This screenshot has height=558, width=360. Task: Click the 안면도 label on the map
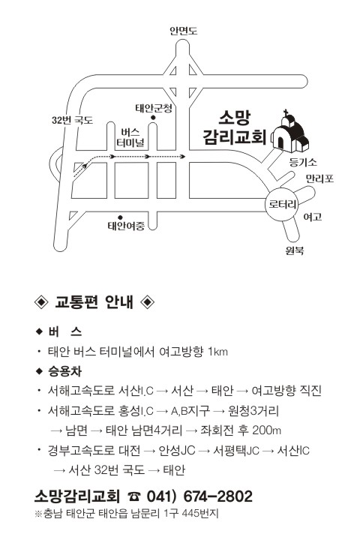pos(183,31)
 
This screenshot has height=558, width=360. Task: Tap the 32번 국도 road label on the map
pos(72,120)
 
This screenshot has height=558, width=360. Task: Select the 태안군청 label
pos(154,108)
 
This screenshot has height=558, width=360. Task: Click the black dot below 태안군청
pos(153,118)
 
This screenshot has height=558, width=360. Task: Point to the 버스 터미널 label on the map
pos(131,138)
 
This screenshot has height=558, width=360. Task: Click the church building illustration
pos(289,132)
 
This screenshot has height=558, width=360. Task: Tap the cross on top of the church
pos(286,112)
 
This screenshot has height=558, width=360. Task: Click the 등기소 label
pos(303,163)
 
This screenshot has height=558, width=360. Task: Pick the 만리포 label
pos(320,178)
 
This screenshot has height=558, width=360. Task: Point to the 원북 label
pos(295,250)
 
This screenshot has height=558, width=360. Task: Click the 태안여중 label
pos(126,226)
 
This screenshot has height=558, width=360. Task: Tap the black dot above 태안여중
pos(120,217)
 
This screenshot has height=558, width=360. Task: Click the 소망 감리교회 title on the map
pos(235,127)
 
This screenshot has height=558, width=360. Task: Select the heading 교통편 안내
pos(94,302)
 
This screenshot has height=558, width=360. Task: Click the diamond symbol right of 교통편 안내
pos(147,302)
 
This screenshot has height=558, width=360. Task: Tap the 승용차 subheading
pos(64,371)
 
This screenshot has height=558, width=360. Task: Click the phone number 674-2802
pos(218,496)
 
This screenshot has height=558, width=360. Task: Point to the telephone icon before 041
pos(133,496)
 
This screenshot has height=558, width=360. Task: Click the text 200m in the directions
pos(266,430)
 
